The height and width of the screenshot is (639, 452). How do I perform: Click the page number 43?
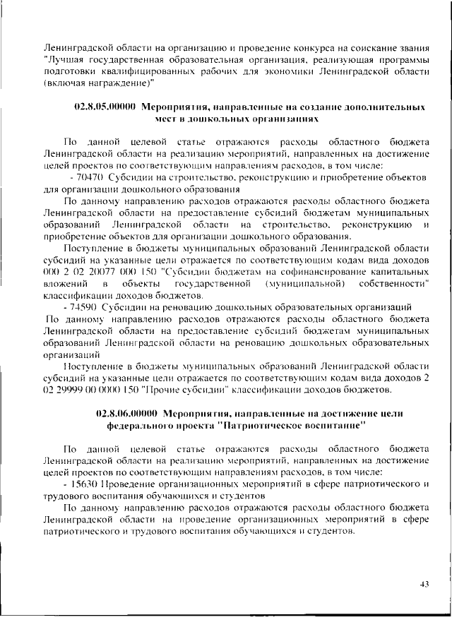coord(424,583)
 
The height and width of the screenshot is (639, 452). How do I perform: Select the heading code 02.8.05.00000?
coord(105,107)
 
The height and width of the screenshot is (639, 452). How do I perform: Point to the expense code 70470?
coord(85,176)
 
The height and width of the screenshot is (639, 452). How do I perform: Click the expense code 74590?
coord(85,306)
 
